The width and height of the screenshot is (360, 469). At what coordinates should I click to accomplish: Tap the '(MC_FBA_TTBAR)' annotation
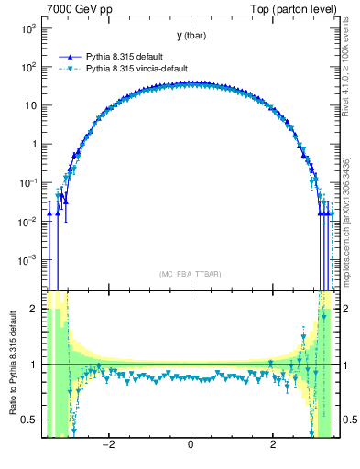coord(190,274)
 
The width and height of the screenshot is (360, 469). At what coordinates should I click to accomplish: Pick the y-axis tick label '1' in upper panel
coord(33,144)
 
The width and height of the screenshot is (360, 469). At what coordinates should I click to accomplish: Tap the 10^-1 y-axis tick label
coord(26,182)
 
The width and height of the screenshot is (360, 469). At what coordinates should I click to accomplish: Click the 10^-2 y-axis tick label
coord(26,221)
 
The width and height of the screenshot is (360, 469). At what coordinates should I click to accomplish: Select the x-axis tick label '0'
coord(190,446)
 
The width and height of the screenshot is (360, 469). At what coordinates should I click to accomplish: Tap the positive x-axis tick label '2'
coord(273,446)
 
